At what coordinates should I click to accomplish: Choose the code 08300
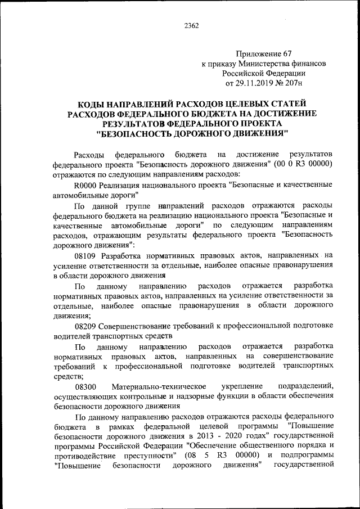85,386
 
